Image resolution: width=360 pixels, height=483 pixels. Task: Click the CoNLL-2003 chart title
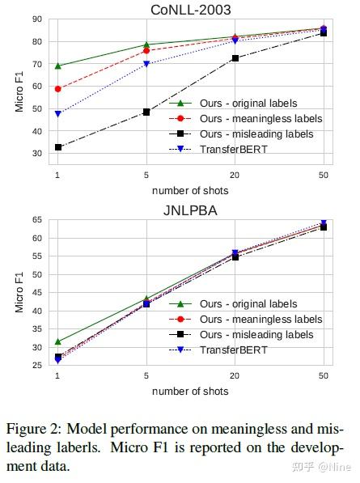click(x=190, y=9)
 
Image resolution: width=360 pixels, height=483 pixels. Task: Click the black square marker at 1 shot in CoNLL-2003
click(x=57, y=147)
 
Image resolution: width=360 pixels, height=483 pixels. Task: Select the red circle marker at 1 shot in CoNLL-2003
click(x=57, y=89)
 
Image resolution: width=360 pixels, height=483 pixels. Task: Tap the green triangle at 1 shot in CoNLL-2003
click(x=57, y=66)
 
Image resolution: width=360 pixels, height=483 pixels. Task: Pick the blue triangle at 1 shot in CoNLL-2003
click(x=57, y=114)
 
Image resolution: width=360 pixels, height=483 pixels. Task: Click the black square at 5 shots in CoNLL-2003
click(x=146, y=112)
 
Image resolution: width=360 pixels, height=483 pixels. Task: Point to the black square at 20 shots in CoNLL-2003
click(x=235, y=58)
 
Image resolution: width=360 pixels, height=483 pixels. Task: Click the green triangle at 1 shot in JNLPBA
click(x=57, y=341)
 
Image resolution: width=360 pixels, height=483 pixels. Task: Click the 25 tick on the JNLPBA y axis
click(x=37, y=366)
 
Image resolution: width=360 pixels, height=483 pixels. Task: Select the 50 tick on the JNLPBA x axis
click(x=324, y=376)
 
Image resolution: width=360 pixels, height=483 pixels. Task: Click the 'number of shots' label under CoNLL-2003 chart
click(x=190, y=191)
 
